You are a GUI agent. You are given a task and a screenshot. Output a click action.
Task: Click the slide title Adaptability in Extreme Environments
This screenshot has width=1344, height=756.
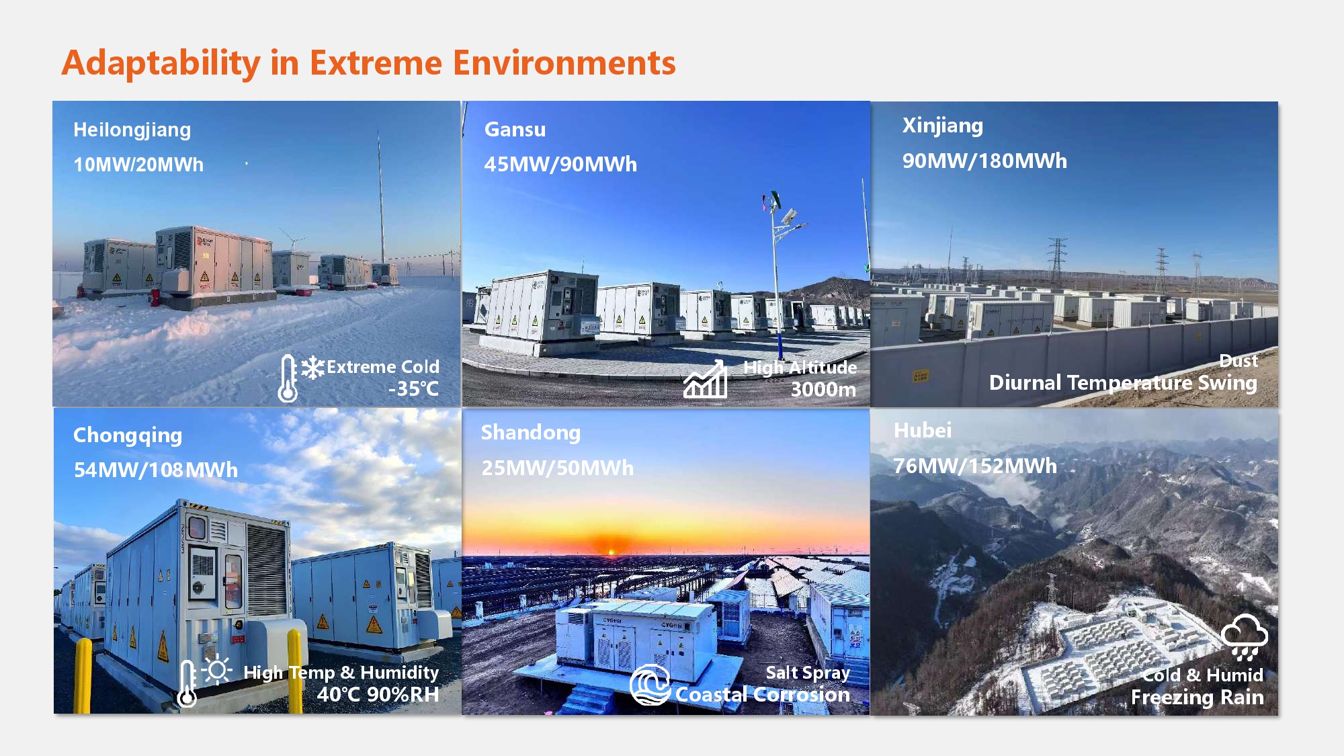tap(368, 63)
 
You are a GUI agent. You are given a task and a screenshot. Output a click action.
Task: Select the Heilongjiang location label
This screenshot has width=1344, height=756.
tap(132, 130)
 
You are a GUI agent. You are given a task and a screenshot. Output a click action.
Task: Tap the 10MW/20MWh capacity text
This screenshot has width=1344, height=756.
tap(138, 165)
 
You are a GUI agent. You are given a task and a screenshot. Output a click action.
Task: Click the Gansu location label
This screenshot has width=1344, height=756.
tap(515, 130)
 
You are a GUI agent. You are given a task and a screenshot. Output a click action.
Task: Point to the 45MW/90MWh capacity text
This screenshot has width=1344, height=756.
tap(560, 165)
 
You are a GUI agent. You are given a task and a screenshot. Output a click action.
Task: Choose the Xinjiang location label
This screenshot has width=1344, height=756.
tap(942, 126)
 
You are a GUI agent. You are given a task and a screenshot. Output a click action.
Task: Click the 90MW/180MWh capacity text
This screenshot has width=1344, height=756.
tap(984, 161)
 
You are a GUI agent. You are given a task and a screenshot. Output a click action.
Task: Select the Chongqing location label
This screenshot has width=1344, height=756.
tap(128, 435)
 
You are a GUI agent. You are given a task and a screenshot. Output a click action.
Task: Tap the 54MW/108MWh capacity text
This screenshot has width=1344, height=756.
tap(155, 470)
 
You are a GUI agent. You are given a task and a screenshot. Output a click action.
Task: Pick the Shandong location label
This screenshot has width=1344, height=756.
tap(530, 433)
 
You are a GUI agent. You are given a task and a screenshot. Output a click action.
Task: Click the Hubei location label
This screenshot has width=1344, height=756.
tap(922, 431)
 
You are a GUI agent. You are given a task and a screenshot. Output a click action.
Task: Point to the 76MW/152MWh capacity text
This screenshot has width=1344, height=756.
tap(974, 466)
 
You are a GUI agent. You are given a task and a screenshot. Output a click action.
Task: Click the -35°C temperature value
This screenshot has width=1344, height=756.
tap(413, 389)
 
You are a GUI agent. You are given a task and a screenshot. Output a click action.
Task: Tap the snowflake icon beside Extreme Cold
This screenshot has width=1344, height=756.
tap(312, 368)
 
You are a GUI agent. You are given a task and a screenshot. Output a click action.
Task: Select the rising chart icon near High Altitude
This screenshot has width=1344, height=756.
tap(705, 380)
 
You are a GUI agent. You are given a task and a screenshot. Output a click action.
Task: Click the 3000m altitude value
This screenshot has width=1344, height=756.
tap(823, 390)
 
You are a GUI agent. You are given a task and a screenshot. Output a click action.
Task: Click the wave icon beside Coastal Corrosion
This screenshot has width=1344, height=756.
tap(650, 685)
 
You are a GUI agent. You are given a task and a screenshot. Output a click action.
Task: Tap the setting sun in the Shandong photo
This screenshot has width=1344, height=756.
tap(611, 551)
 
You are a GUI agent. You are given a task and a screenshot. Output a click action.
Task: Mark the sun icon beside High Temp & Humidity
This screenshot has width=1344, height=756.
tap(216, 670)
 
